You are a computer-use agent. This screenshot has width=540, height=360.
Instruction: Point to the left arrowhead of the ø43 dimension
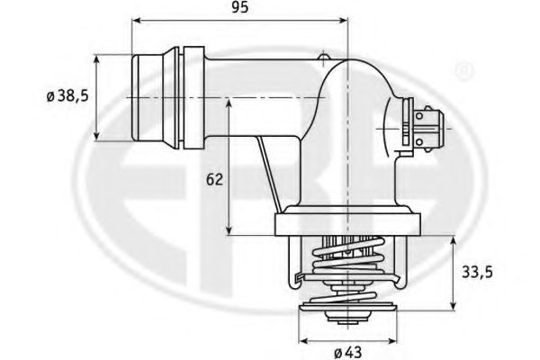(302, 341)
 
